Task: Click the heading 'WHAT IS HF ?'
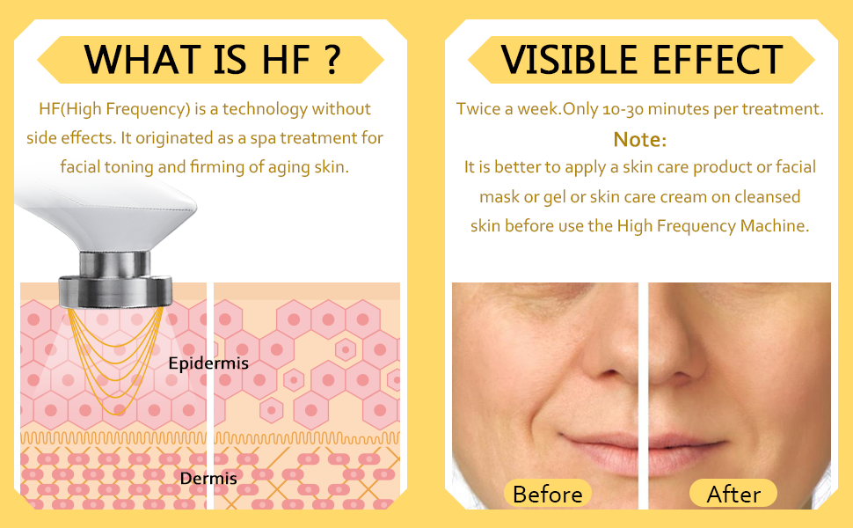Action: (x=212, y=59)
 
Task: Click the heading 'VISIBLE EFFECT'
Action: (x=641, y=59)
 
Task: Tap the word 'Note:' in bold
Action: (x=640, y=140)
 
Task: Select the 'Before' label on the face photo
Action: (x=547, y=495)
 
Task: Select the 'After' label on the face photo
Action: (x=733, y=495)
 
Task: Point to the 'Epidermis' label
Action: (x=208, y=363)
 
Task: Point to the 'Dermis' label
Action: (x=208, y=479)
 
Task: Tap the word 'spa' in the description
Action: (x=263, y=139)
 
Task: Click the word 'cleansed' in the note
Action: (x=767, y=196)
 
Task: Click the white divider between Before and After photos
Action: (x=643, y=396)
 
